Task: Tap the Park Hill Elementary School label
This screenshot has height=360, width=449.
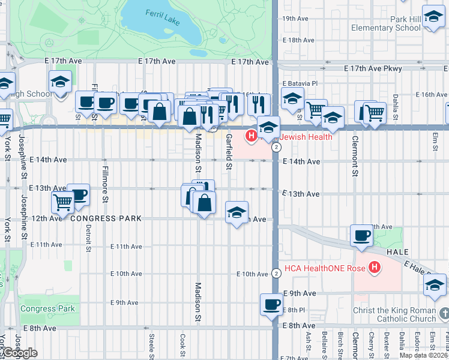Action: pos(390,23)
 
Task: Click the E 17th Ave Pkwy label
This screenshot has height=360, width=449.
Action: pos(372,69)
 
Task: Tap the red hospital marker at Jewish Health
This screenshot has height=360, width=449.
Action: pos(252,137)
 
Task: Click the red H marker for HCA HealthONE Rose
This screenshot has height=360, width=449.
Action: pos(375,266)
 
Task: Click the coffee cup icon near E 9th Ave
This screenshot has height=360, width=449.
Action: pos(271,304)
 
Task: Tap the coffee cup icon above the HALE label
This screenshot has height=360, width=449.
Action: pos(362,235)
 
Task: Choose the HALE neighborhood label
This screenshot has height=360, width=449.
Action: pos(397,253)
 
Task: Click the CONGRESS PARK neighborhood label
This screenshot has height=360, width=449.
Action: pos(106,218)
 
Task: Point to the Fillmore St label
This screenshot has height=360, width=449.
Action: pos(104,183)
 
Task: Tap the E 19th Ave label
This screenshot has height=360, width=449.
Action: pos(295,19)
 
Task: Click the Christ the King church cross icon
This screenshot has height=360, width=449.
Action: pos(444,313)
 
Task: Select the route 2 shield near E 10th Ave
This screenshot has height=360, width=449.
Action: pos(276,273)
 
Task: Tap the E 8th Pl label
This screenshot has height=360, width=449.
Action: pos(294,310)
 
